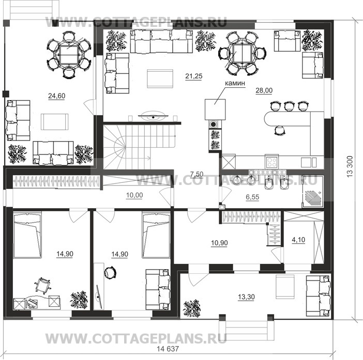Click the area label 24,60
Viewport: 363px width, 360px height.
[57, 96]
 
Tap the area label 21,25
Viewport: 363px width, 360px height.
[194, 76]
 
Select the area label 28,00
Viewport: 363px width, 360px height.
[264, 90]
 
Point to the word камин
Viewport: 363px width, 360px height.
[235, 83]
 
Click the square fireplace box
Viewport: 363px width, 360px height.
[215, 109]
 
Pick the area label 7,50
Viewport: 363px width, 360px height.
[196, 174]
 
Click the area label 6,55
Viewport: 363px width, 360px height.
[252, 197]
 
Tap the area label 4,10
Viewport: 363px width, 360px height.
[298, 240]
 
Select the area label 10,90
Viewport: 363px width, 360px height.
[219, 243]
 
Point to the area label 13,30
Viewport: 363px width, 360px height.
[246, 297]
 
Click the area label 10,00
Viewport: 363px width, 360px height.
[134, 195]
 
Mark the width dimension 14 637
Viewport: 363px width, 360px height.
[168, 349]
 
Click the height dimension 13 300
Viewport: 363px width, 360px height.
[350, 166]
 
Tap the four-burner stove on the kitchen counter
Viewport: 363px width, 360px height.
[272, 162]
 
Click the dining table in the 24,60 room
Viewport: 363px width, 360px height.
[69, 55]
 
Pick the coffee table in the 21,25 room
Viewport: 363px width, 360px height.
[160, 79]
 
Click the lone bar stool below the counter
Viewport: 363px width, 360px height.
[280, 130]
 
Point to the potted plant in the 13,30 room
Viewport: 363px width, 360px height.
[191, 308]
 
